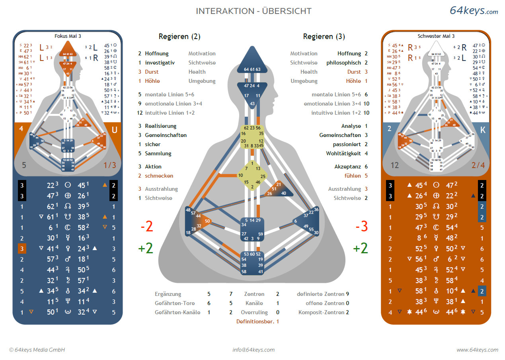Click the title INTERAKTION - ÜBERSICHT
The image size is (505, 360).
[253, 11]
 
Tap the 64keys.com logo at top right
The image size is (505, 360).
[474, 11]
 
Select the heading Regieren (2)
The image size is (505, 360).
[179, 37]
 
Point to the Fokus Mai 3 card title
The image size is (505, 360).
[68, 36]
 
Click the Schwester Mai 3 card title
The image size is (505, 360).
[436, 36]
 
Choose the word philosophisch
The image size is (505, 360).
[344, 63]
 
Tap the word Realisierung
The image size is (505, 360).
[160, 126]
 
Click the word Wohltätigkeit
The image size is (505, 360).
[344, 153]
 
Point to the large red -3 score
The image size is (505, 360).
[361, 227]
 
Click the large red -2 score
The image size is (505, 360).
[146, 227]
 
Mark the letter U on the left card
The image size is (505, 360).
[114, 130]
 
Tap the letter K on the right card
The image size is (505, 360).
[483, 130]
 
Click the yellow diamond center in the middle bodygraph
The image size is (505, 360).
[252, 175]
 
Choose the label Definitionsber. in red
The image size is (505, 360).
[254, 321]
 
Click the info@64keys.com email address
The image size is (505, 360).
[253, 350]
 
